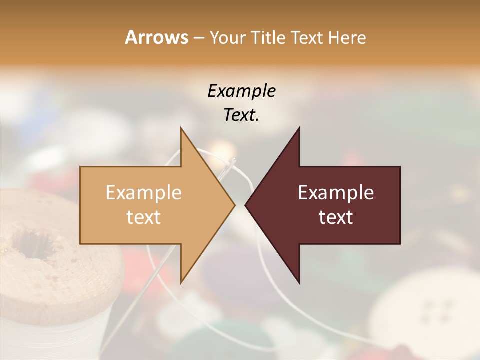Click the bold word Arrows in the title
click(x=156, y=37)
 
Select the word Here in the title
click(x=347, y=37)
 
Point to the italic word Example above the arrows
click(x=241, y=91)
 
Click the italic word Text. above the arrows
click(x=241, y=115)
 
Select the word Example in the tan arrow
click(x=144, y=193)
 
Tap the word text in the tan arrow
click(x=144, y=217)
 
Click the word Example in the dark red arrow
click(x=336, y=193)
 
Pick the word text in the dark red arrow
click(x=336, y=217)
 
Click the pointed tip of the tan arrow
click(x=234, y=205)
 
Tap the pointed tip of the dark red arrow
click(x=246, y=205)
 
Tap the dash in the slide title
click(x=199, y=38)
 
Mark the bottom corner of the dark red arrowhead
click(x=299, y=282)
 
